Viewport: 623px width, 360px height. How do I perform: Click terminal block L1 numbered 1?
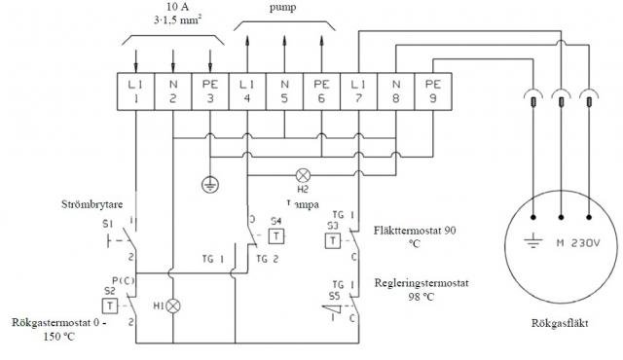tap(136, 90)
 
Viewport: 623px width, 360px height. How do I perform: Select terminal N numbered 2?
tap(173, 90)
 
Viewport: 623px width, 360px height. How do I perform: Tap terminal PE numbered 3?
tap(210, 90)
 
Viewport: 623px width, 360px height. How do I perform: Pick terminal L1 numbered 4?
tap(247, 90)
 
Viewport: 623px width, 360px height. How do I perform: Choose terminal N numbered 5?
tap(284, 90)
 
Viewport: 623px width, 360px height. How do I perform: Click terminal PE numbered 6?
tap(321, 90)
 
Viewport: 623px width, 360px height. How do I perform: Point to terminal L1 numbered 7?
tap(358, 90)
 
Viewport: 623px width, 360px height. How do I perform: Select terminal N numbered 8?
tap(395, 90)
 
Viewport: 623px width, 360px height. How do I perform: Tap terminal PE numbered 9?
tap(432, 90)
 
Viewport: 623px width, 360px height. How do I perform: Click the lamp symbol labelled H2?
tap(303, 176)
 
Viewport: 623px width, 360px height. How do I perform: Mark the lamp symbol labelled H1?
tap(174, 305)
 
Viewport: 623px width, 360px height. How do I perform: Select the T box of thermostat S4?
tap(276, 235)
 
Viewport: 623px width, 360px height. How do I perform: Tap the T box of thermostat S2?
tap(110, 305)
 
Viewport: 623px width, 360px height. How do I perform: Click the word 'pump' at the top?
tap(281, 8)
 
